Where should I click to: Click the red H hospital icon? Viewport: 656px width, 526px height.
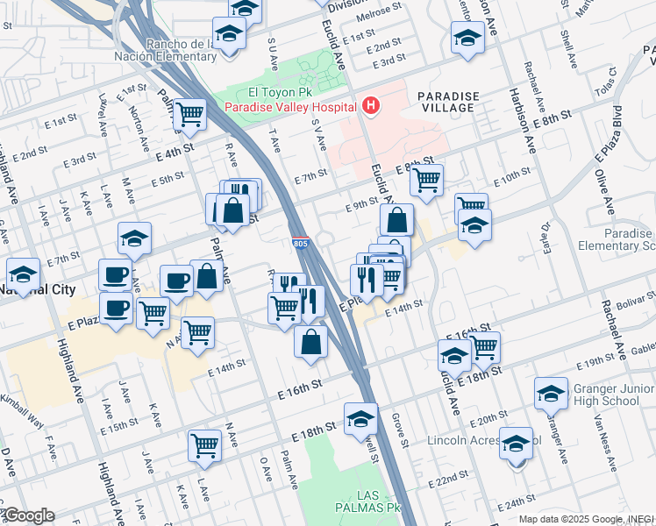pyautogui.click(x=371, y=106)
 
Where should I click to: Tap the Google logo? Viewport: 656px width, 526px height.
pyautogui.click(x=29, y=515)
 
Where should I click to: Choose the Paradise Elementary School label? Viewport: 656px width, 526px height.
pyautogui.click(x=629, y=240)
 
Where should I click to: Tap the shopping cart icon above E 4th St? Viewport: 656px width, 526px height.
pyautogui.click(x=189, y=113)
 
